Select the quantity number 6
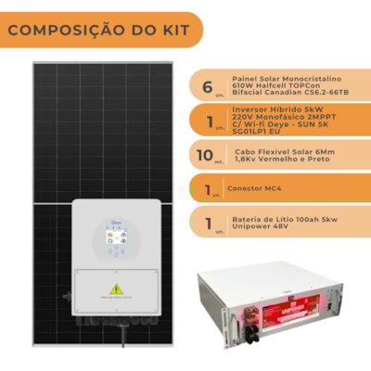point(208,86)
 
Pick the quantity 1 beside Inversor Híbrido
point(207,121)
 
